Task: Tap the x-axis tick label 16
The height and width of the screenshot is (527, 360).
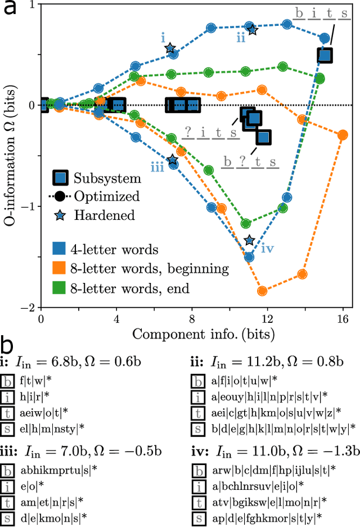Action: [x=343, y=320]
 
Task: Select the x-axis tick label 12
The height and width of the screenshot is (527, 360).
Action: [x=267, y=320]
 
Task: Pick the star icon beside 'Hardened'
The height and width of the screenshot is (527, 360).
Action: [x=64, y=215]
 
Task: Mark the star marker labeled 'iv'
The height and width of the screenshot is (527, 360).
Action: [x=250, y=241]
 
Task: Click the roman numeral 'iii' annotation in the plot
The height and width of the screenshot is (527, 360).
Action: [x=157, y=166]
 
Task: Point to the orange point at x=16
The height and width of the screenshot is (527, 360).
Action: [x=343, y=134]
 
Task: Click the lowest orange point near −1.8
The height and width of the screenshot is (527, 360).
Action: [x=262, y=291]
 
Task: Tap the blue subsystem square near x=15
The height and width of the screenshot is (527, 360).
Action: [x=325, y=55]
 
